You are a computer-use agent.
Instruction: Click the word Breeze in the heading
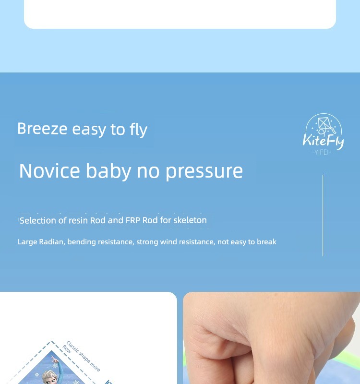[x=42, y=128]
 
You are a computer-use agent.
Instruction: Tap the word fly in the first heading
[x=139, y=130]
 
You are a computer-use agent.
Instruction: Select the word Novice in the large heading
[x=50, y=171]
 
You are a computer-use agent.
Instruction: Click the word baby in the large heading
[x=108, y=171]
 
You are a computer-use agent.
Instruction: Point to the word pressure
[x=204, y=171]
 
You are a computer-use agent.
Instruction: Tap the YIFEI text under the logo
[x=322, y=152]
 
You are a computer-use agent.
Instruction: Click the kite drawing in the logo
[x=324, y=124]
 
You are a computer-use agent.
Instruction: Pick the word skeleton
[x=190, y=220]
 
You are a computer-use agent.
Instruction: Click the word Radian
[x=52, y=242]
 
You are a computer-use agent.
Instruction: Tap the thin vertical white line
[x=323, y=216]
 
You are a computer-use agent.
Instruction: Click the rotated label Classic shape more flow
[x=82, y=356]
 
